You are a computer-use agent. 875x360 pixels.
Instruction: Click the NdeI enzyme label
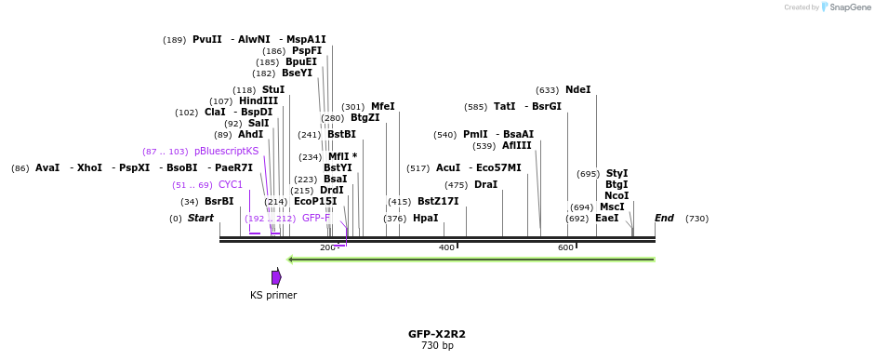coord(577,90)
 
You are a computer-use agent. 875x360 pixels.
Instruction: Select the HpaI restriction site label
coord(425,219)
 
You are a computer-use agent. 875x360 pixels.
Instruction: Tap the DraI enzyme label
coord(485,185)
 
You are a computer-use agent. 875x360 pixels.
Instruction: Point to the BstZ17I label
coord(438,202)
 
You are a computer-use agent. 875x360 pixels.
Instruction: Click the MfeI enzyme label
coord(382,107)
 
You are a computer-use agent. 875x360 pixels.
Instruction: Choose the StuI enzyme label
coord(272,90)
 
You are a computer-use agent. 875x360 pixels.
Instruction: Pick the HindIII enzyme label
coord(259,101)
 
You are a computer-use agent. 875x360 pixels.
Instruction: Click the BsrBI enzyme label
coord(219,202)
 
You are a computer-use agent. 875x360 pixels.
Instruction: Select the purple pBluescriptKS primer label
coord(226,152)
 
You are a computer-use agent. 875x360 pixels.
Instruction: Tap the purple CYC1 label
coord(231,185)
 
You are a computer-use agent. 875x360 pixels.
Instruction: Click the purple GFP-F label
coord(316,219)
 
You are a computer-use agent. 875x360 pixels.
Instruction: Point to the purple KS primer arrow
coord(276,277)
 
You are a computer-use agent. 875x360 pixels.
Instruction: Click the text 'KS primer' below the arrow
coord(273,296)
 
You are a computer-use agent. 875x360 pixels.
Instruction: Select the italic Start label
coord(201,219)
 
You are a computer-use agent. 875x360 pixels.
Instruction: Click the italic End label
coord(664,219)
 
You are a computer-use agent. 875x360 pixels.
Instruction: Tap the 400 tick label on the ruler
coord(446,247)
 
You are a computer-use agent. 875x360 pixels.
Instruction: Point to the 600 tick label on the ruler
coord(565,247)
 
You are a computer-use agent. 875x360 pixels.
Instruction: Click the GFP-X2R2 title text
coord(436,334)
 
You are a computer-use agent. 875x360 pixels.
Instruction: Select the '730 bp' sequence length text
coord(436,346)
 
